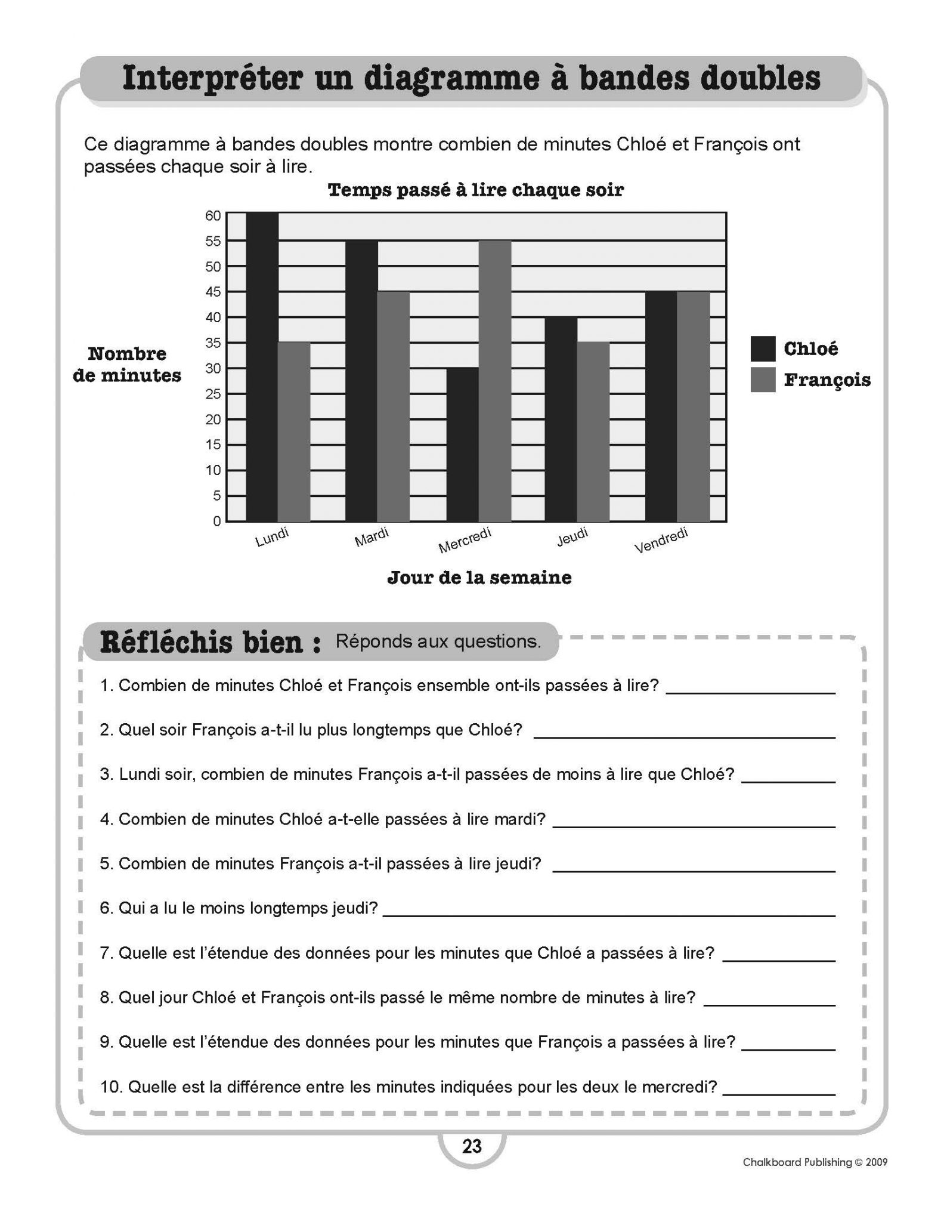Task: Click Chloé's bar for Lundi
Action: [262, 367]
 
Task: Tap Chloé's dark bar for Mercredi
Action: [462, 445]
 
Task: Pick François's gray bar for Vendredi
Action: [694, 406]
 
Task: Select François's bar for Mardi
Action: [394, 406]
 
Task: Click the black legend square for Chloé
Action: [763, 348]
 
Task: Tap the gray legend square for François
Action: [763, 379]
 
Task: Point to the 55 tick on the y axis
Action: [213, 241]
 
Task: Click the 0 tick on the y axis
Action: [217, 521]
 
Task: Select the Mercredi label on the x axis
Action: [465, 540]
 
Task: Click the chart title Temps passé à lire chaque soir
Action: [475, 190]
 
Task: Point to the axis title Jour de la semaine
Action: [479, 578]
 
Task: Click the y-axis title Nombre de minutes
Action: [127, 365]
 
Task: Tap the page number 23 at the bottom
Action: [472, 1146]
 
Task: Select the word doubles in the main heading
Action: [760, 79]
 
